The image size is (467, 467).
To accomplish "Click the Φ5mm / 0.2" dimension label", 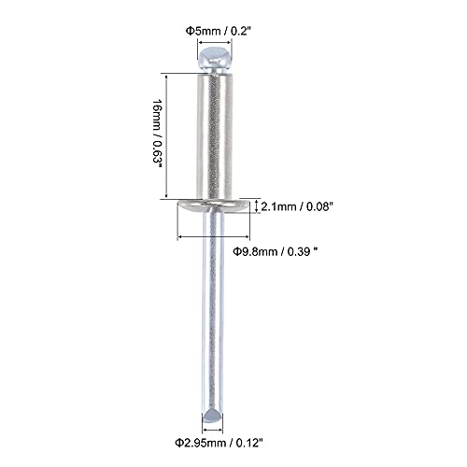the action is tap(219, 31).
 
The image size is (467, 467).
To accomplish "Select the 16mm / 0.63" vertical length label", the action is tap(157, 134).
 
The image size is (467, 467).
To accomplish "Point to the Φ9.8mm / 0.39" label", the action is tap(276, 251).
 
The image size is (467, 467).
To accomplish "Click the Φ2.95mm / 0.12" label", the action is tap(219, 443).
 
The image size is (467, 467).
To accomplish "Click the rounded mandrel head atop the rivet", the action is tap(216, 59).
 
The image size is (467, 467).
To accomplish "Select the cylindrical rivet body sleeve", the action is tap(215, 136).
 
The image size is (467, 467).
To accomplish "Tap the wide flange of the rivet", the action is tap(213, 206).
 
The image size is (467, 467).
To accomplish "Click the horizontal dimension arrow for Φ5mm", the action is tap(215, 42).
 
